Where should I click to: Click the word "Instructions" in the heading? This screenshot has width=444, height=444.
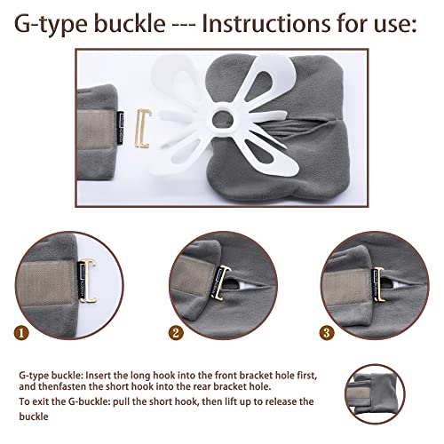266,23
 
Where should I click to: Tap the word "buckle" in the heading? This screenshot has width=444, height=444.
130,23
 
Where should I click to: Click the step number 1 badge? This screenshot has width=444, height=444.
21,333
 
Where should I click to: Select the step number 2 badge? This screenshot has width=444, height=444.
176,333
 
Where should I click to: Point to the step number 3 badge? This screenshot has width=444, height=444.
327,333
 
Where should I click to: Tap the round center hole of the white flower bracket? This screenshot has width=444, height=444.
223,120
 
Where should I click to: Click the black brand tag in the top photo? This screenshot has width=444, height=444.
120,128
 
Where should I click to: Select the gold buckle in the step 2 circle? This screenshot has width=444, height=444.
223,283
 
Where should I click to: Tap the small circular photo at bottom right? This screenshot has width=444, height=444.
375,394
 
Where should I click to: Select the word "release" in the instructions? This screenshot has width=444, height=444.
281,401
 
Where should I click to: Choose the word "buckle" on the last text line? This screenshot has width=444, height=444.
34,416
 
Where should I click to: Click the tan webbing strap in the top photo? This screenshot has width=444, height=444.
96,131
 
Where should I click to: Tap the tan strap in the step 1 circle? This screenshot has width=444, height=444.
46,282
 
